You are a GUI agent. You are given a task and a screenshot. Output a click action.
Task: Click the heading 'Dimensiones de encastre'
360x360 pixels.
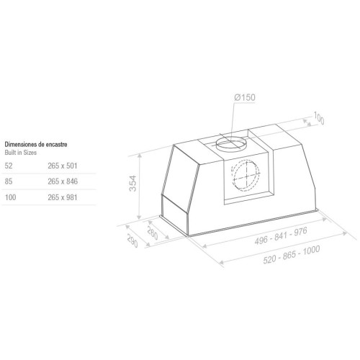click(x=36, y=145)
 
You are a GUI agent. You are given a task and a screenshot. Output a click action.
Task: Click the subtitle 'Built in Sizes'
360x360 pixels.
click(x=21, y=153)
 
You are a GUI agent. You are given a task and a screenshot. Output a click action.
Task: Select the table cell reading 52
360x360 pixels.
click(x=9, y=166)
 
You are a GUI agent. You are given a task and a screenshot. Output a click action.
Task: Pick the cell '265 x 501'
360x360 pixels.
click(x=63, y=166)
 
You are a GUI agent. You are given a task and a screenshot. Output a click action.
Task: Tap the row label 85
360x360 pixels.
click(x=9, y=181)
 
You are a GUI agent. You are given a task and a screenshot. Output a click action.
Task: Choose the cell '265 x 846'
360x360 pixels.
click(x=63, y=181)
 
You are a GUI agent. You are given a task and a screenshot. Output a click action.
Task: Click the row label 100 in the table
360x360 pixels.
click(x=11, y=197)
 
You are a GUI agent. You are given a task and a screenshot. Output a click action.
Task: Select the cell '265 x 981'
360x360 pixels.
click(x=63, y=197)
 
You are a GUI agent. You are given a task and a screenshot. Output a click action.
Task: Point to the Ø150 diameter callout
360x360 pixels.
click(x=245, y=97)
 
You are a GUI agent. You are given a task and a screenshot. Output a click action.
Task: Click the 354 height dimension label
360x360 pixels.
click(x=132, y=184)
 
